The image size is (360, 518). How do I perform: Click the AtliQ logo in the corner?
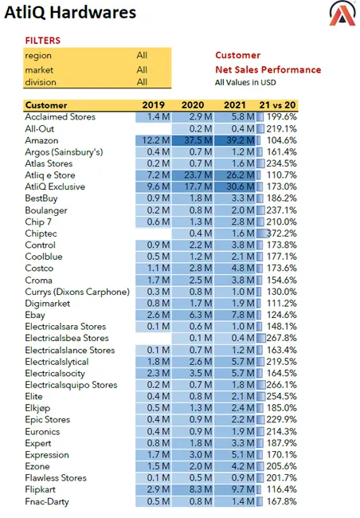coord(342,14)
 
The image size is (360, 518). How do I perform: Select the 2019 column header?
coord(153,105)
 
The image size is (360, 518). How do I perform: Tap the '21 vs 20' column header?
coord(277,105)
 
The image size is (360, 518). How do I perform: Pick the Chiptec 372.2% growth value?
coord(281,233)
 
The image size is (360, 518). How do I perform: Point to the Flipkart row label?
coord(40,489)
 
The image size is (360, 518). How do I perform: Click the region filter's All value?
coord(142,55)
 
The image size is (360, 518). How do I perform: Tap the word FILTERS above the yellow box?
coord(43,41)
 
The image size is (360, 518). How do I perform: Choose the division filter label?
coord(41,82)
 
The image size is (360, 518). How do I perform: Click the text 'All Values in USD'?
coord(245,82)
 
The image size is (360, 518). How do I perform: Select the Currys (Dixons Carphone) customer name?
coord(77,292)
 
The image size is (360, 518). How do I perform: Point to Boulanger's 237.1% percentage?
coord(281,210)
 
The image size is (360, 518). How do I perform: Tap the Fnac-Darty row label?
coord(47,501)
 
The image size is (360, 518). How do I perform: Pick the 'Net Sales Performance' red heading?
coord(268,69)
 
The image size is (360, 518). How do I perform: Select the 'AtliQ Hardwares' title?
coord(70,13)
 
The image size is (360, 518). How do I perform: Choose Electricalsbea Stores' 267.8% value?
coord(281,338)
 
